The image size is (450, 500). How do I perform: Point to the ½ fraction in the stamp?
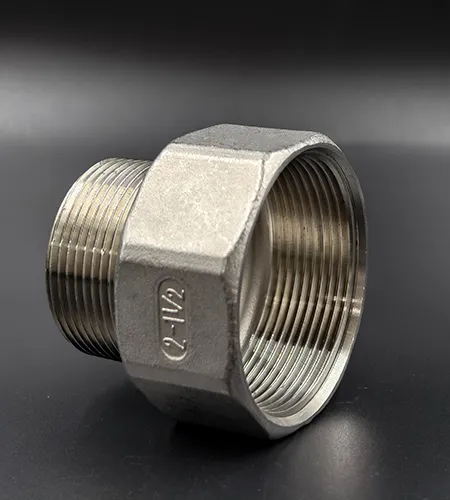[173, 297]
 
